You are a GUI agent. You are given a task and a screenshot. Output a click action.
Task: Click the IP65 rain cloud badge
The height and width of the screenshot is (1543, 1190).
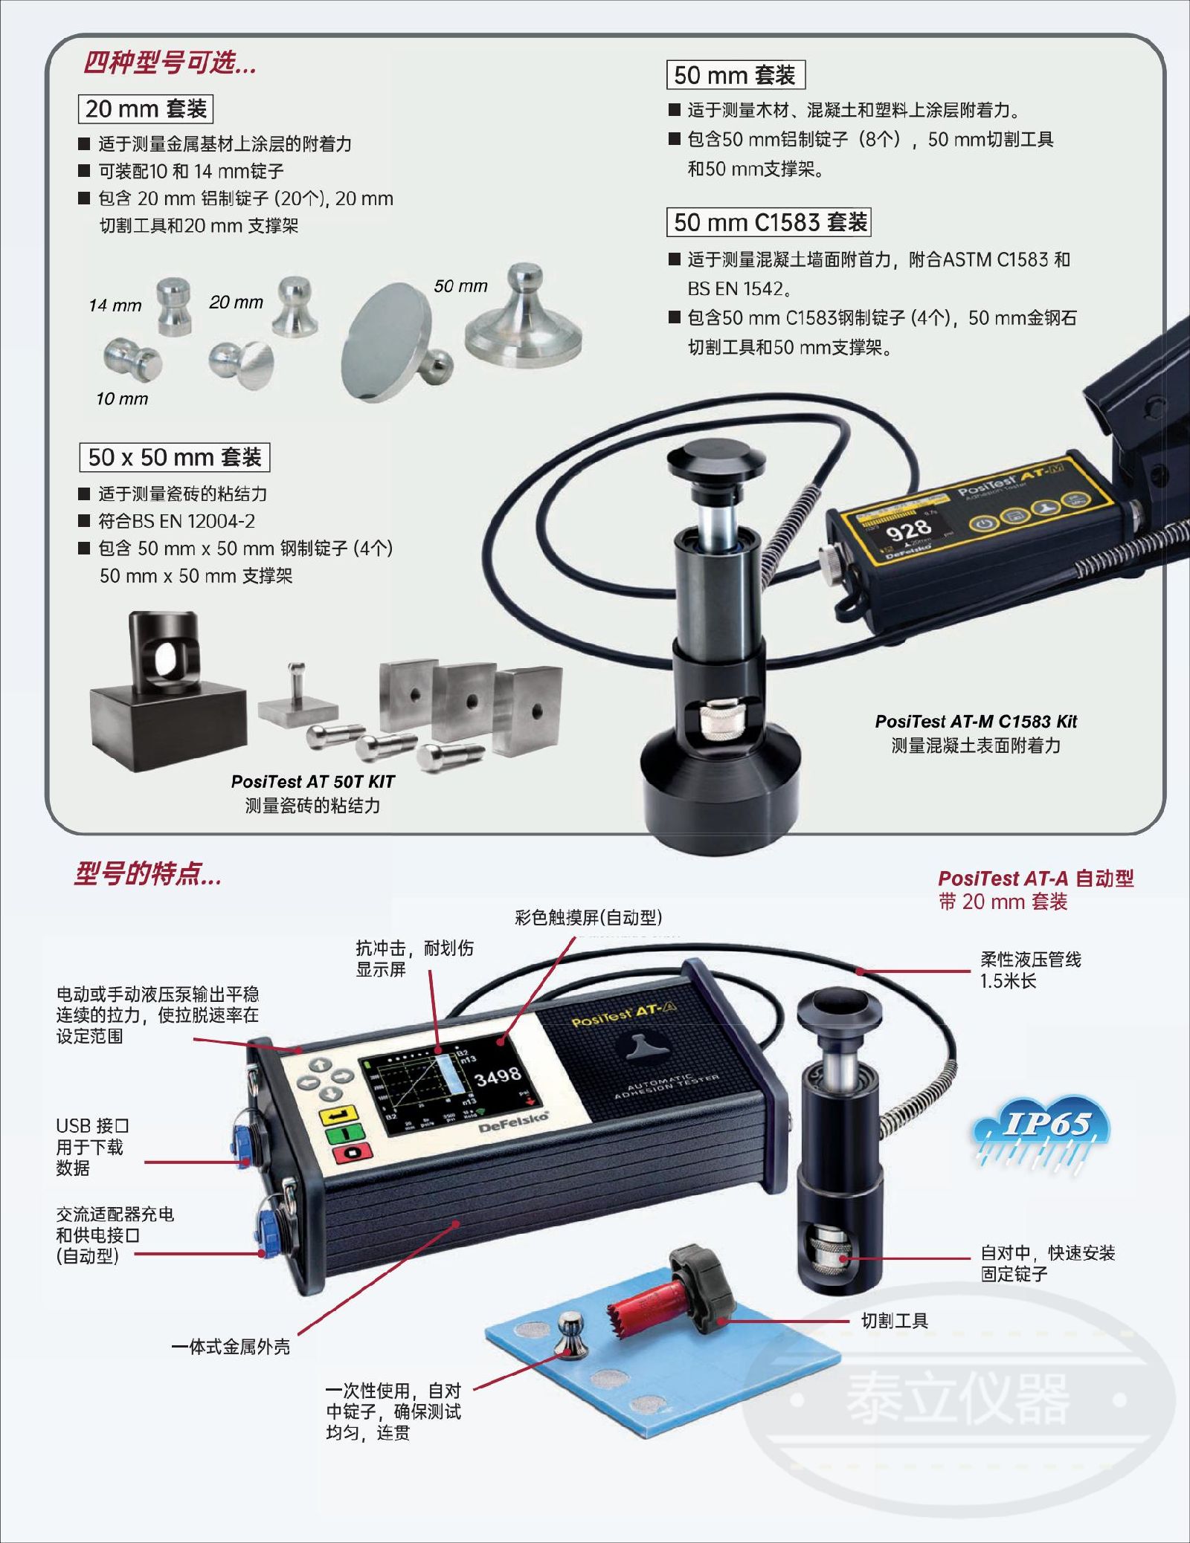click(x=1041, y=1133)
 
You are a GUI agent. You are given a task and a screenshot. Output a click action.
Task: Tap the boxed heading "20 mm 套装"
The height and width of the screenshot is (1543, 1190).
click(x=146, y=109)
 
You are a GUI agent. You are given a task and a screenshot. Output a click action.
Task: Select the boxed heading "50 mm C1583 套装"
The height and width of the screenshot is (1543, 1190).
click(x=769, y=221)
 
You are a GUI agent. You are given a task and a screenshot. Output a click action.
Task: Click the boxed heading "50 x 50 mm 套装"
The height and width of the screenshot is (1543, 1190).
click(x=175, y=457)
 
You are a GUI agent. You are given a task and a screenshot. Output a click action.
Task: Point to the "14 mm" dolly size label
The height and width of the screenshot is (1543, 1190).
click(x=115, y=305)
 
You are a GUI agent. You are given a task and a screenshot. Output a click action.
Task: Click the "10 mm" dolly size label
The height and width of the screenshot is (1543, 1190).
click(x=122, y=398)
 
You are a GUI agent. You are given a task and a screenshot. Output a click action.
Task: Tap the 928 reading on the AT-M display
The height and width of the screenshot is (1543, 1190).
click(x=908, y=529)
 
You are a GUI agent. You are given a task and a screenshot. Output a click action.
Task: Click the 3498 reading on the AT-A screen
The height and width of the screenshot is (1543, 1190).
click(x=498, y=1076)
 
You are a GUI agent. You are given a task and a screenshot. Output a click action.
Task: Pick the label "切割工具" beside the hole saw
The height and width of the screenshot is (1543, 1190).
click(x=895, y=1321)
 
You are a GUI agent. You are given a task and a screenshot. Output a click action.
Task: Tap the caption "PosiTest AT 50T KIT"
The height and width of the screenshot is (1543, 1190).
click(x=312, y=781)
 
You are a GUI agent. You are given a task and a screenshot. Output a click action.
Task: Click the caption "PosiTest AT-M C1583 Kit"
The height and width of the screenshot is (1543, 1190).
click(x=976, y=721)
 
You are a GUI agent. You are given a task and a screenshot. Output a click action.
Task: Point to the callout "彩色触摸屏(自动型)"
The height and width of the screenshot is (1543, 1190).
click(x=588, y=918)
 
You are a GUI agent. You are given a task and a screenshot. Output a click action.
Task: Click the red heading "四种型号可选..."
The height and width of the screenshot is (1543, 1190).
click(x=170, y=63)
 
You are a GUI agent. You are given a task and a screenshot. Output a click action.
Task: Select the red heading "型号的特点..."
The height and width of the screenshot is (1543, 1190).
click(x=148, y=874)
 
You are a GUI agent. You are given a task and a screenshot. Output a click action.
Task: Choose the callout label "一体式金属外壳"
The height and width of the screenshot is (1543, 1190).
click(x=231, y=1346)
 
